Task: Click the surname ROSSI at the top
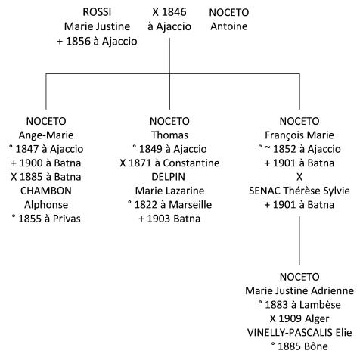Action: pos(97,12)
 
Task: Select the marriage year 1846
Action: pos(174,12)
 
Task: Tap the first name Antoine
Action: pos(229,26)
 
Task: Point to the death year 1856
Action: pos(78,42)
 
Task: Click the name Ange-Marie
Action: pos(46,135)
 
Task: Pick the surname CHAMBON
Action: pos(46,191)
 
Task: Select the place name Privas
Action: pos(67,219)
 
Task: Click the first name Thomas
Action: pos(169,135)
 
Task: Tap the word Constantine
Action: pos(191,163)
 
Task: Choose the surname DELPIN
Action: pos(169,177)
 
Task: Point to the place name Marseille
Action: pos(191,205)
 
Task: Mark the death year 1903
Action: pos(159,219)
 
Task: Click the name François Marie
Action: pos(299,135)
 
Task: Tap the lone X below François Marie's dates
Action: pos(299,177)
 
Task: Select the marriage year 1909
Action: pos(290,318)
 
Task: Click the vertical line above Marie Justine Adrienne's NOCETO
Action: pos(299,241)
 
